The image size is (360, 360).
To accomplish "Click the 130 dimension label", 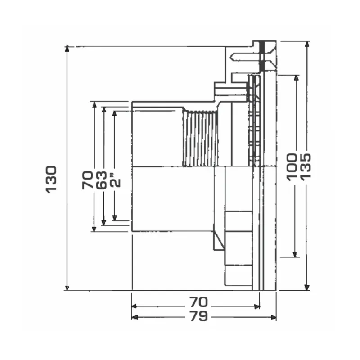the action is pos(51,180).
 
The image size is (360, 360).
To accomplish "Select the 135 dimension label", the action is pos(306,167).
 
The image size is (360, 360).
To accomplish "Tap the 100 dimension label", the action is pos(292,167).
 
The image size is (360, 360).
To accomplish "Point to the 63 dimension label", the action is pos(101,180).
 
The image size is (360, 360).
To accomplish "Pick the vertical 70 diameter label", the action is pos(87,180).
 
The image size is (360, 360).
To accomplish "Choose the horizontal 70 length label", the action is pos(198,302).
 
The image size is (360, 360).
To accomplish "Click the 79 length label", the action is pos(199,316).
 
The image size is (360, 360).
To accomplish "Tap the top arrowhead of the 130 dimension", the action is pos(67,48).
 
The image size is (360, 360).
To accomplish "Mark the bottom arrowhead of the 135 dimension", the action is pos(307,288).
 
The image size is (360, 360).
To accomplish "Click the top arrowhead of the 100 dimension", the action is pos(297,78).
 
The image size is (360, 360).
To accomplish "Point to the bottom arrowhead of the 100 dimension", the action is pos(295,254).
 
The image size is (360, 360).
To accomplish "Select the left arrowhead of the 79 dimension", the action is pos(135,317).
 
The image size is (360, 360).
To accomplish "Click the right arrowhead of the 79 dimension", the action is pos(273,317).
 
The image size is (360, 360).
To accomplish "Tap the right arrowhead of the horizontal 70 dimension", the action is pos(257,306).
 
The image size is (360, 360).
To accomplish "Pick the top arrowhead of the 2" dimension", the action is pos(115,114).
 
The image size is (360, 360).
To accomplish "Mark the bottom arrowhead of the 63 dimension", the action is pos(104,222).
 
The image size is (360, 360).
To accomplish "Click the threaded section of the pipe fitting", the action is pos(200,138).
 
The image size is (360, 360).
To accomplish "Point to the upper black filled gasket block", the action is pos(262,48).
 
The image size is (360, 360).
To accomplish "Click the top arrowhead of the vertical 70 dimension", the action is pos(94,104).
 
